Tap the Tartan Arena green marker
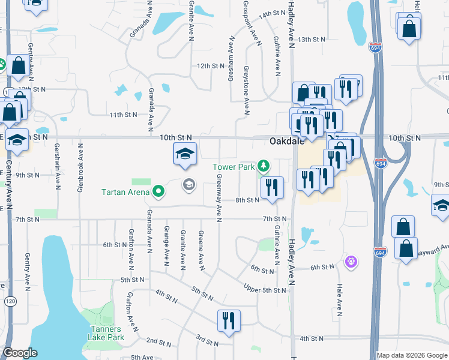point(158,191)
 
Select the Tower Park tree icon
point(263,166)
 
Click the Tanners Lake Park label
point(106,333)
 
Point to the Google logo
point(20,353)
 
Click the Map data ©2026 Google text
point(412,355)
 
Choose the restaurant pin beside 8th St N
point(272,187)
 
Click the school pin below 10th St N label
point(185,154)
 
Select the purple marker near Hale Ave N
point(351,262)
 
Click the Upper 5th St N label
point(265,290)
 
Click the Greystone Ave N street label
point(246,89)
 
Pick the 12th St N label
point(210,66)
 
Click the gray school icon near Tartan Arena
point(188,184)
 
